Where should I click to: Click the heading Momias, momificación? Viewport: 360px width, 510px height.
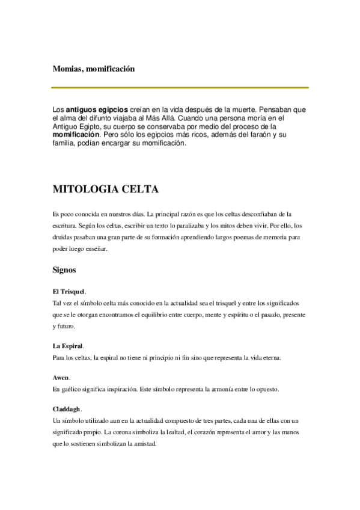(x=93, y=69)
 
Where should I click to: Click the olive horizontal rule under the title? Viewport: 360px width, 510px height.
(x=180, y=88)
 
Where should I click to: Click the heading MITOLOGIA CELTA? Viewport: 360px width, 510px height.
(x=106, y=190)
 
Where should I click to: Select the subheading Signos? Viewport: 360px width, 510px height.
(x=64, y=271)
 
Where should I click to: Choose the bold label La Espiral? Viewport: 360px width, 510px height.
(x=67, y=346)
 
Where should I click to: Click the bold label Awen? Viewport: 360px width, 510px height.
(x=61, y=378)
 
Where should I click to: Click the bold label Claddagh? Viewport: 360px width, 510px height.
(x=66, y=408)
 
